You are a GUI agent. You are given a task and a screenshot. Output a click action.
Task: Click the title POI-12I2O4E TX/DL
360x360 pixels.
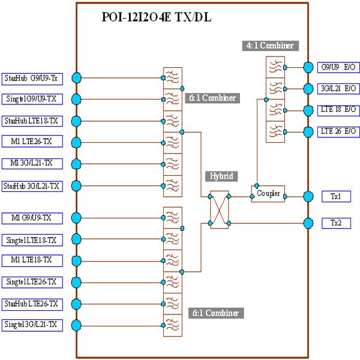pyautogui.click(x=157, y=18)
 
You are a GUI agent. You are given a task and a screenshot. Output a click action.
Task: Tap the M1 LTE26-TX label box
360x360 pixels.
pyautogui.click(x=32, y=142)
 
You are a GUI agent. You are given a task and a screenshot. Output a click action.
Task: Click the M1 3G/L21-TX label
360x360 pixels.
pyautogui.click(x=32, y=164)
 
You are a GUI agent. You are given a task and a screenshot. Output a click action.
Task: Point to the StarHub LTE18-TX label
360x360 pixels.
pyautogui.click(x=32, y=121)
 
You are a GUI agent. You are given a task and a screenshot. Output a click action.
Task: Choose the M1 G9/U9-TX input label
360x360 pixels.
pyautogui.click(x=32, y=217)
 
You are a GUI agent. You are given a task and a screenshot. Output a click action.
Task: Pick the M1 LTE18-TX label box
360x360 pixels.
pyautogui.click(x=32, y=260)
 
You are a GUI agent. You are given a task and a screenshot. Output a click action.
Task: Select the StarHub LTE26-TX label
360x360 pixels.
pyautogui.click(x=32, y=304)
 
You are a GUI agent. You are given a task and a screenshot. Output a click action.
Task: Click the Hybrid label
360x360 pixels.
pyautogui.click(x=221, y=176)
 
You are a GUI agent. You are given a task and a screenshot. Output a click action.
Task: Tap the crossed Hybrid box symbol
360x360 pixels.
pyautogui.click(x=218, y=209)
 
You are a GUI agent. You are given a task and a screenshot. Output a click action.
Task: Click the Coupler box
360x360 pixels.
pyautogui.click(x=268, y=194)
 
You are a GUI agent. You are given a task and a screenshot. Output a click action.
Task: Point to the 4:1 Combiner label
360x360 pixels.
pyautogui.click(x=271, y=46)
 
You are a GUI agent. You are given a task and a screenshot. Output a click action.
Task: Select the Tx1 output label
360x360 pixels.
pyautogui.click(x=336, y=196)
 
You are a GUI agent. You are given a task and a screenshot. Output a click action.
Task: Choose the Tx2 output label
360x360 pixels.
pyautogui.click(x=336, y=223)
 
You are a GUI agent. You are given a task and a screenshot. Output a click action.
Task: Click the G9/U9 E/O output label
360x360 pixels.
pyautogui.click(x=338, y=67)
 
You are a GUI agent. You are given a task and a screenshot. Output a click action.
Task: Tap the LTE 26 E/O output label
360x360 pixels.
pyautogui.click(x=338, y=131)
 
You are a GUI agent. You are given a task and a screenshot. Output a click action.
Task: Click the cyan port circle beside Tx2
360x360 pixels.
pyautogui.click(x=308, y=223)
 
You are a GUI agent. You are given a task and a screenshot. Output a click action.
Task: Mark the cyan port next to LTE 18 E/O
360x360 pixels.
pyautogui.click(x=308, y=110)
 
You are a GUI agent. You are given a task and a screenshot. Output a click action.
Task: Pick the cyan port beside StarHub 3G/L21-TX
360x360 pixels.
pyautogui.click(x=76, y=185)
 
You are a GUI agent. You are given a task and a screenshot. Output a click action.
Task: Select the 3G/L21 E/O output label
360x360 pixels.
pyautogui.click(x=338, y=89)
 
